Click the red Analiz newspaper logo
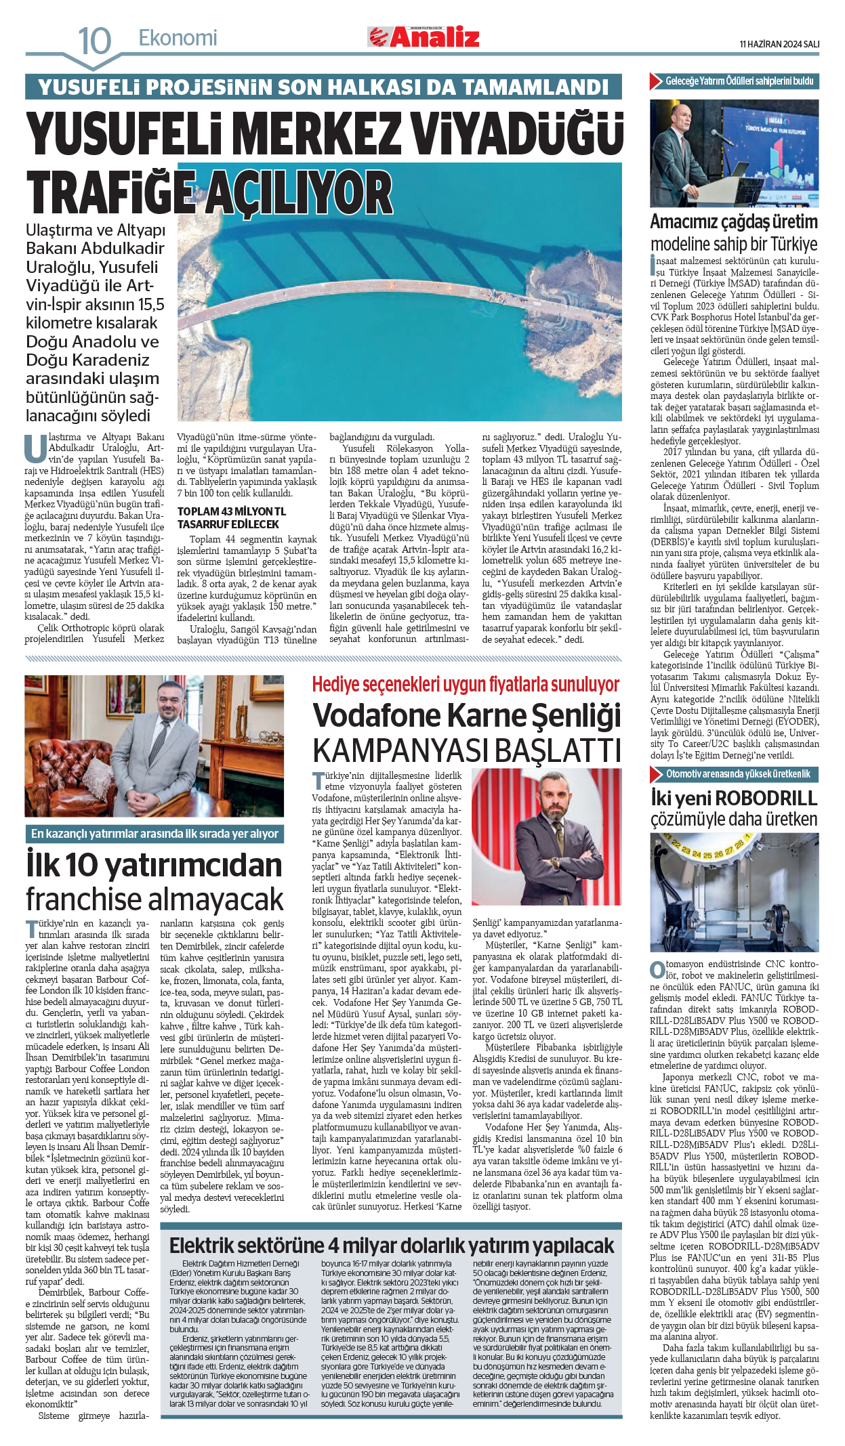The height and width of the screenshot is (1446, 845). point(425,37)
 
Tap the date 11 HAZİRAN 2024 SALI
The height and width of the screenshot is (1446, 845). point(779,44)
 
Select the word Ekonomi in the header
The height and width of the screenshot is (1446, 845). point(178,38)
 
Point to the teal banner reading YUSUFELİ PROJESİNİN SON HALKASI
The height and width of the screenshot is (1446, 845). point(323,87)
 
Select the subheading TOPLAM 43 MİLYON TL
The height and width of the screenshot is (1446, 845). point(232,511)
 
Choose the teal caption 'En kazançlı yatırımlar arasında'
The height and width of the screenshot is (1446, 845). point(154,834)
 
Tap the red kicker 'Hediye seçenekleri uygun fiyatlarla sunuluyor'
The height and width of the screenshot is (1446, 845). point(466,685)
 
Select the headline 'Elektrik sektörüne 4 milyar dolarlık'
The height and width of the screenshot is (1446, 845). point(391,1246)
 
